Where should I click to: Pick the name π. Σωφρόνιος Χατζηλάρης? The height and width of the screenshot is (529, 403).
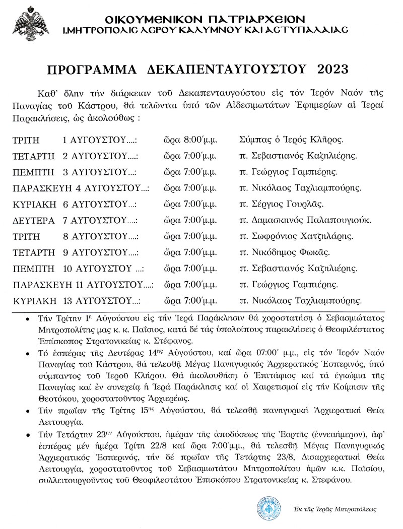click(x=297, y=236)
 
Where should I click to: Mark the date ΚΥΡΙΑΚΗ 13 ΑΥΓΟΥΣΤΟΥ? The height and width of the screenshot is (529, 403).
click(x=75, y=301)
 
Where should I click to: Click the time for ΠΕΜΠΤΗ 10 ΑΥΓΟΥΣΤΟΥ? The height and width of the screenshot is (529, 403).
click(x=190, y=269)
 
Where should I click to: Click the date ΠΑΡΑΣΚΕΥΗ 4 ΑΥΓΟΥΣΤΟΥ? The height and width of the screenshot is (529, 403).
click(x=81, y=188)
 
